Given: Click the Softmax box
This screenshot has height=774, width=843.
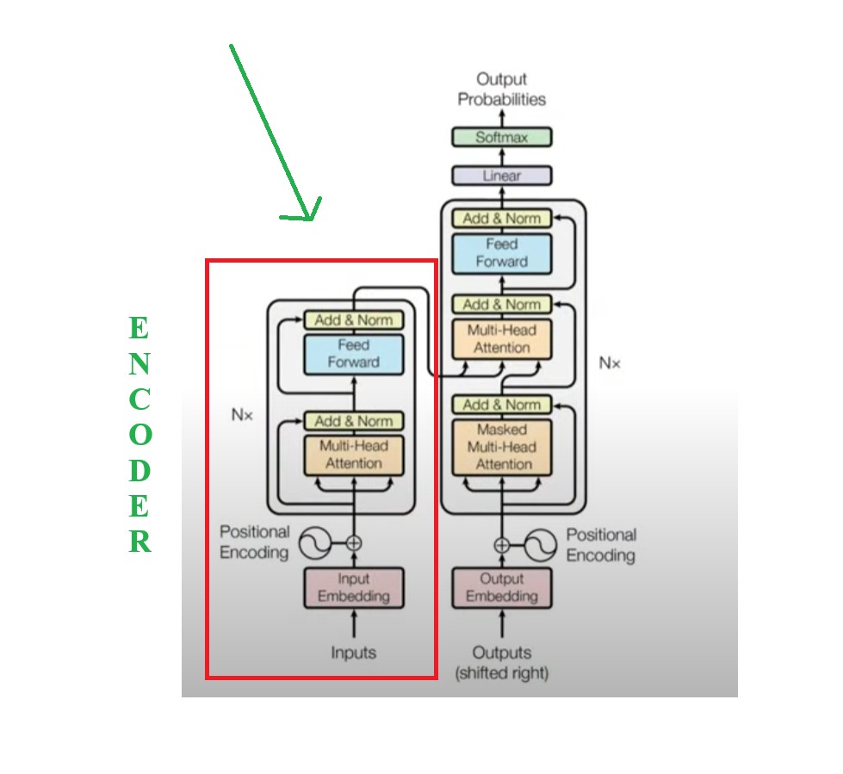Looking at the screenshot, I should pos(502,137).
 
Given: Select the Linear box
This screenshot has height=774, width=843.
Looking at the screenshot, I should pos(502,176).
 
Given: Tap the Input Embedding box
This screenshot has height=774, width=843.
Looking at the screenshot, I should pos(353,587).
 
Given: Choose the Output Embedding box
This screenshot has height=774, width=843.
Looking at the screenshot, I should pos(502,587).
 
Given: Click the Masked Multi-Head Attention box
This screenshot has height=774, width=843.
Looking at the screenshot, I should pos(502,447).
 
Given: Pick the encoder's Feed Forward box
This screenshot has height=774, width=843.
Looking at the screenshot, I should pos(353,354).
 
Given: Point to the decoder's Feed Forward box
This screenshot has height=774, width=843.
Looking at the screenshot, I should pos(502,253).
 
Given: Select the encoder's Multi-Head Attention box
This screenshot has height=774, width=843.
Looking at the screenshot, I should pos(353,455).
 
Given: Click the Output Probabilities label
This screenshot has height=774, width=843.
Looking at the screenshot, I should pos(502,90).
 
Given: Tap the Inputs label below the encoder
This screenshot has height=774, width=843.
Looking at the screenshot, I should pos(353,653).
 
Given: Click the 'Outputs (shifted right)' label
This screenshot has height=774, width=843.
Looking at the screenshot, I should pos(502,662).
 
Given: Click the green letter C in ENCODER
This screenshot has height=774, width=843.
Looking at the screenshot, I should pos(139,399).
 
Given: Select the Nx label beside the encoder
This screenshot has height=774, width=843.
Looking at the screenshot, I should pos(242,414).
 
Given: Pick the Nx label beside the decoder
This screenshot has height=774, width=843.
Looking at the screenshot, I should pos(610,363).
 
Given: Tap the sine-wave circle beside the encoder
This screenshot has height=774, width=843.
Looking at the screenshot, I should pos(315,542).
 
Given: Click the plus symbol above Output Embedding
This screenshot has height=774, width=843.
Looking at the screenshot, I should pos(502,544).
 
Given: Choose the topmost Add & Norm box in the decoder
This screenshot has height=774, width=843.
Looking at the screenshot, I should pos(502,219).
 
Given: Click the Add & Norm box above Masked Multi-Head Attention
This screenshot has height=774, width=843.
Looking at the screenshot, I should pos(502,405).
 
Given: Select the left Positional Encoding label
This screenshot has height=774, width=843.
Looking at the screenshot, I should pos(255,542).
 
